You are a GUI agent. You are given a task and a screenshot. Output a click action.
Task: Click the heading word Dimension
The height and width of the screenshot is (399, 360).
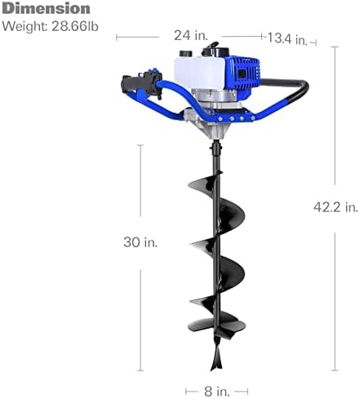click(46, 9)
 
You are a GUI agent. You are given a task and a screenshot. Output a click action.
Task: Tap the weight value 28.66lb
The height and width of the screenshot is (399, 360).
click(75, 26)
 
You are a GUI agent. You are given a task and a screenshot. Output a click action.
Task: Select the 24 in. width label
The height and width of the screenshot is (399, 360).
click(191, 35)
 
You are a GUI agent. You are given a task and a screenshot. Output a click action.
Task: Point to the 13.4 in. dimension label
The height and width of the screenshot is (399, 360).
click(287, 38)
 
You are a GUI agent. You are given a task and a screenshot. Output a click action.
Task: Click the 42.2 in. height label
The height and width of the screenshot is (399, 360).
click(336, 207)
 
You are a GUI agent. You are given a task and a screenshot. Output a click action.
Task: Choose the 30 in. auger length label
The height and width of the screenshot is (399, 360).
click(140, 242)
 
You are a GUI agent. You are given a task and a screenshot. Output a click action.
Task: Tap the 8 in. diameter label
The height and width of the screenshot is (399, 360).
click(216, 392)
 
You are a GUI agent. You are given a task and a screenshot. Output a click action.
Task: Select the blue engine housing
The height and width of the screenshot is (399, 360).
click(242, 73)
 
